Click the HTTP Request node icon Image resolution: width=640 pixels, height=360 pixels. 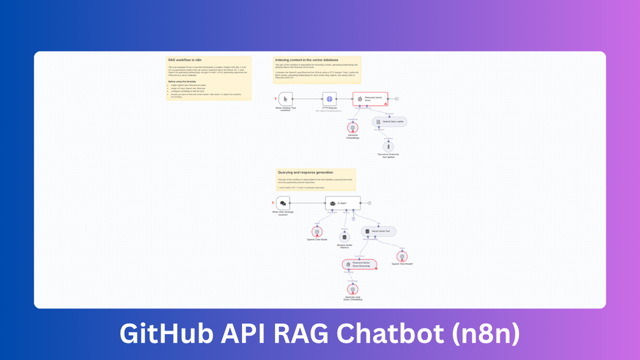pos(329,99)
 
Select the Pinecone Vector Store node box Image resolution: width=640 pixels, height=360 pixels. pos(370,99)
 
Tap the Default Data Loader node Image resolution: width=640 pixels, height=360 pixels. pos(389,122)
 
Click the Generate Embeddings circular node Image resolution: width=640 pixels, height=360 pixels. pos(353,127)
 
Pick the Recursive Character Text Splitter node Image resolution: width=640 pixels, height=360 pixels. pos(388,147)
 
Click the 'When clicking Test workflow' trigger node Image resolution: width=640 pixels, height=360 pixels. pos(285,99)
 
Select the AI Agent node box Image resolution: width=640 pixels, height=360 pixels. pos(343,203)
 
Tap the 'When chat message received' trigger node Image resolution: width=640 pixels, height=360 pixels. pos(283,203)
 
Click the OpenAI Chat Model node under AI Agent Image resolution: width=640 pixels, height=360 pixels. pos(317,232)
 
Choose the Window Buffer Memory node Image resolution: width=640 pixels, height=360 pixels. pos(345,237)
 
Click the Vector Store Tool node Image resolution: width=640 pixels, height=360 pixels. pos(378,231)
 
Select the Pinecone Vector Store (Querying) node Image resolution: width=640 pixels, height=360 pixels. pos(360,264)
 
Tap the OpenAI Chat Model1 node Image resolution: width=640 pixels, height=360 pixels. pos(402,256)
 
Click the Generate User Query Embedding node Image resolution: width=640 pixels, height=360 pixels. pos(353,289)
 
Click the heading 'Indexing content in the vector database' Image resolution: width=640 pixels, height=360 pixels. pos(307,60)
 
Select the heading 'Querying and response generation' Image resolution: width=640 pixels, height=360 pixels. pos(306,173)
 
